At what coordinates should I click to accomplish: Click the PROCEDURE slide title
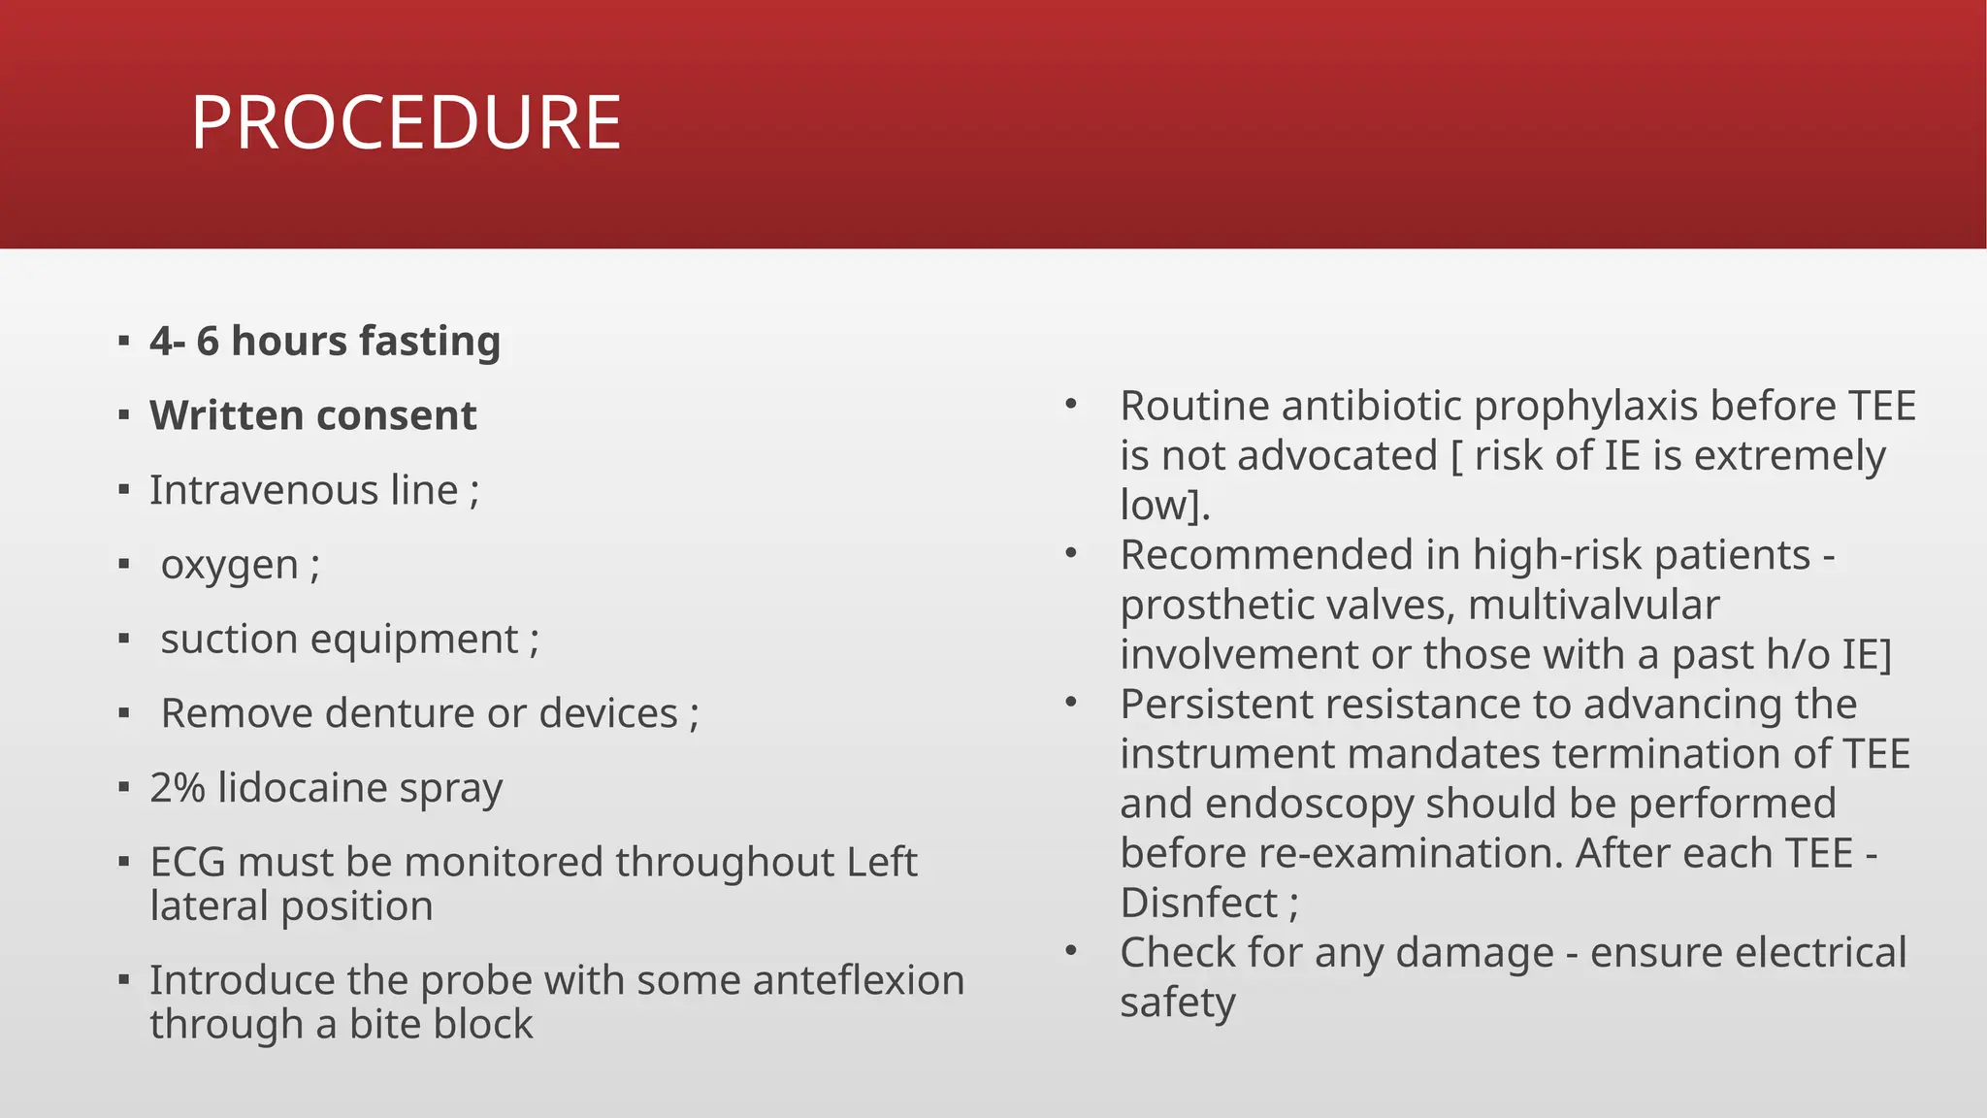[406, 123]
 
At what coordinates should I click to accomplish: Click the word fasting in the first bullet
[429, 342]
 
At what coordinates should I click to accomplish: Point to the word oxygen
[229, 565]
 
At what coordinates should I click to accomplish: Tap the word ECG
[187, 863]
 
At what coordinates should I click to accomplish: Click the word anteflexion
[858, 980]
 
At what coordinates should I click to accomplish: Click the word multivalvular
[1593, 605]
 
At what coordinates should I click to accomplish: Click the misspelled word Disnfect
[1198, 904]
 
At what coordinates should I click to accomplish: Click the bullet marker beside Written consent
[123, 416]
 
